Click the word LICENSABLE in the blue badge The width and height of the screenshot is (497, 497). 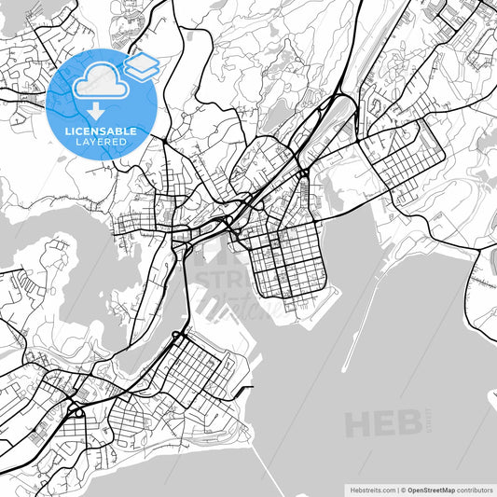coord(101,131)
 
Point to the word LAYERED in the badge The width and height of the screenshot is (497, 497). coord(101,142)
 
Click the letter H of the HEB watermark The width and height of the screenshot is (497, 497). coord(359,424)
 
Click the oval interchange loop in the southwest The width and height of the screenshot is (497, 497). coord(76,410)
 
